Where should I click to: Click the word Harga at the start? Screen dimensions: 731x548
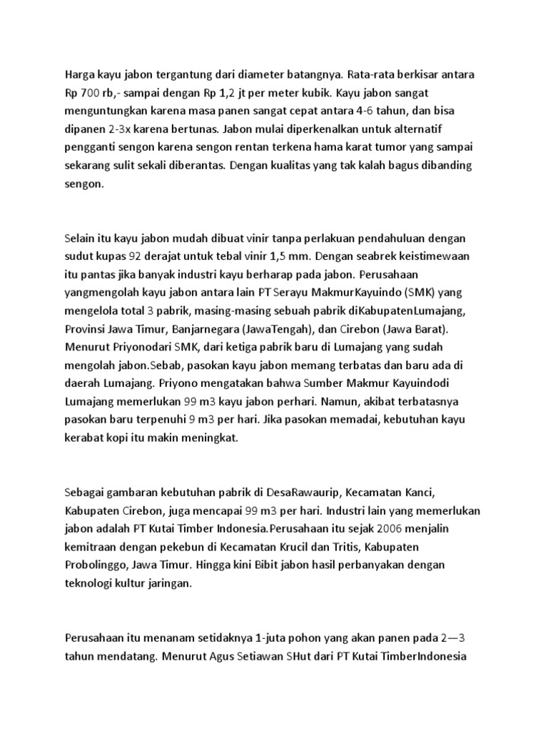coord(80,75)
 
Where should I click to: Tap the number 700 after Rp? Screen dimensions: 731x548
coord(90,94)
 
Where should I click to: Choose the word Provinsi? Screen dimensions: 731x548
coord(87,329)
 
